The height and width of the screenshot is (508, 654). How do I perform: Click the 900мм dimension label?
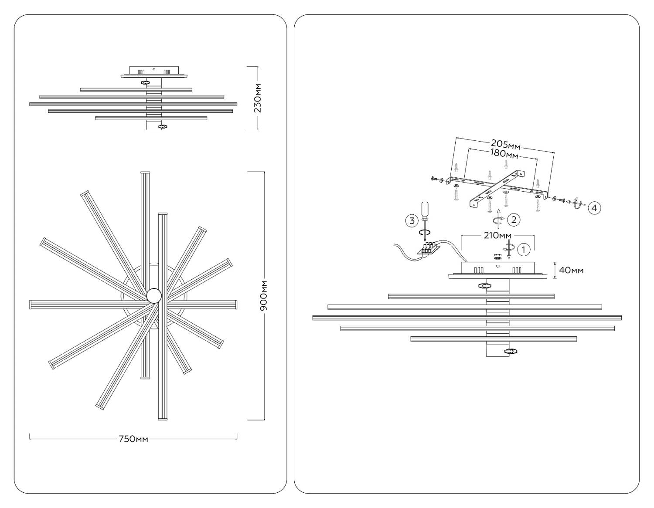point(264,296)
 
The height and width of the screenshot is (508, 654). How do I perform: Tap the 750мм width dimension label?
point(133,439)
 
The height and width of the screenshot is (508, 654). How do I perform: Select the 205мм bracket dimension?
point(505,144)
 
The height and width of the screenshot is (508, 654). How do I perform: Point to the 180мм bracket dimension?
point(503,153)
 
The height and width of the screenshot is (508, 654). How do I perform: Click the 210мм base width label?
point(497,236)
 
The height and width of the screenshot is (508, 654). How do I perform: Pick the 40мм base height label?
point(571,270)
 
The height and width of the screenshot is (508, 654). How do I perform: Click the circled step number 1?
point(523,250)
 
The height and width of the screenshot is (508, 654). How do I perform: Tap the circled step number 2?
point(514,220)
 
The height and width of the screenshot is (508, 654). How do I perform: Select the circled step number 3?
point(412,220)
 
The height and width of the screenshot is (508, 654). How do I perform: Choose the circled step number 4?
point(594,208)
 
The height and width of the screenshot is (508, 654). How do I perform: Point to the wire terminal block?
point(429,249)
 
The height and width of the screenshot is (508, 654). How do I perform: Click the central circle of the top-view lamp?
point(154,296)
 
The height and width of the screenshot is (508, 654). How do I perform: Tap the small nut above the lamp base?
point(497,256)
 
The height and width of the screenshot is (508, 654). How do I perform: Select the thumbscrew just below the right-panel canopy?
point(484,286)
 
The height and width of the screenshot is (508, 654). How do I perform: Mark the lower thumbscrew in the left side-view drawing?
point(163,126)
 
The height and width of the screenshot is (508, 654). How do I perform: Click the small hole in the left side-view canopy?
point(154,69)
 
